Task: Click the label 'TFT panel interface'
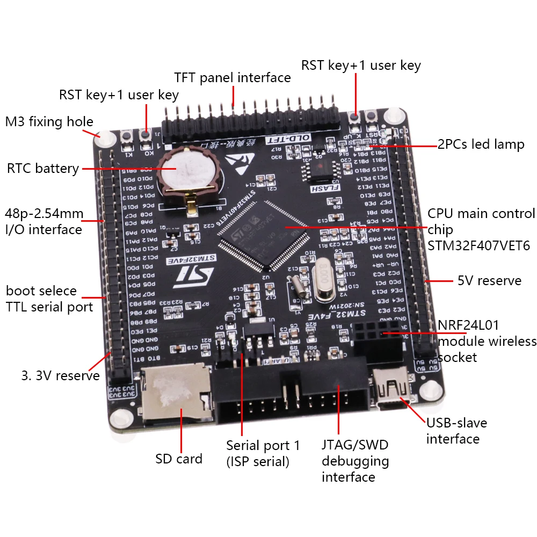233,78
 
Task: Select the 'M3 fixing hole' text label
49,122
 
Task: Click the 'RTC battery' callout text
43,169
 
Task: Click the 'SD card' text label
179,459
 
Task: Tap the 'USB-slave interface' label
456,431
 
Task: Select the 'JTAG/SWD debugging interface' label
355,461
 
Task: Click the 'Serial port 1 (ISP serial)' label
263,453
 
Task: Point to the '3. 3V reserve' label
61,375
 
